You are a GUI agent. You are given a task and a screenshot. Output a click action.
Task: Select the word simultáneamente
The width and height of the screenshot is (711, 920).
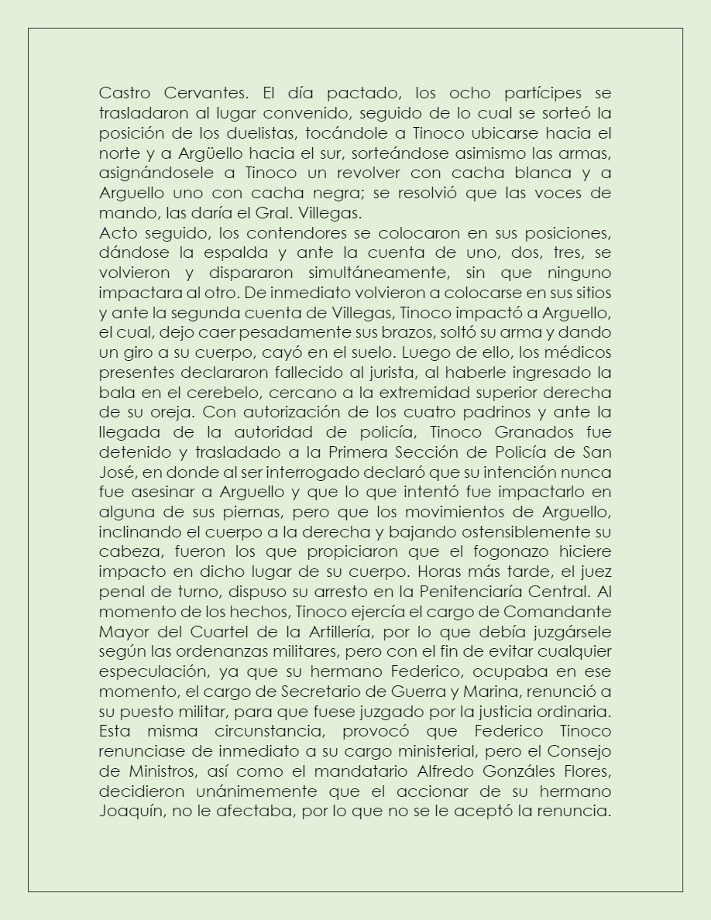click(371, 273)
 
